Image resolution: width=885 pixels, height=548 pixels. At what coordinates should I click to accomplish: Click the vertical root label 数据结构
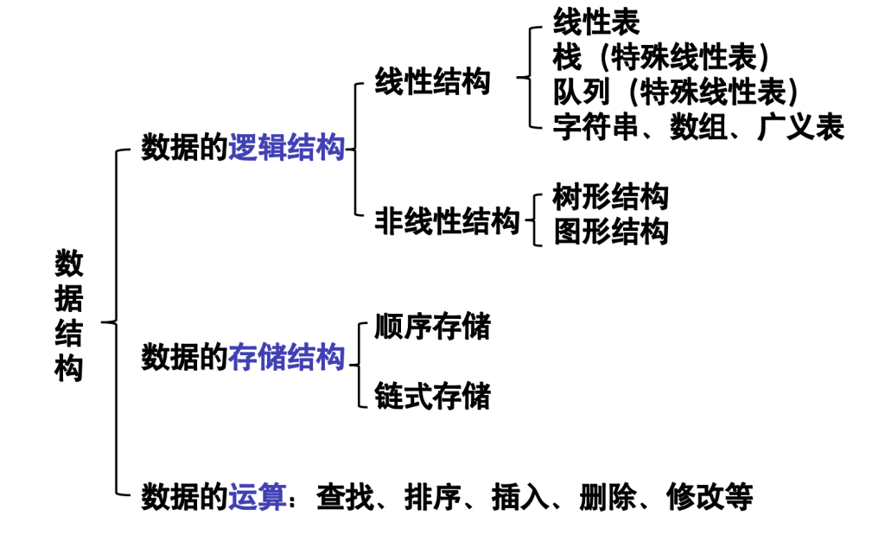coord(69,316)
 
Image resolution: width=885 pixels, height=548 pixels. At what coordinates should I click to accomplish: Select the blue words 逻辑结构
coord(287,149)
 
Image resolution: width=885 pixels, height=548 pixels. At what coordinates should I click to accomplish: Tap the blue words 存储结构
coord(287,357)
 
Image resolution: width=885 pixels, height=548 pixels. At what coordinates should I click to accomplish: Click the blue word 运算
coord(258,497)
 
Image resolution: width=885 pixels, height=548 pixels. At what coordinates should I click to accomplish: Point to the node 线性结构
coord(432,82)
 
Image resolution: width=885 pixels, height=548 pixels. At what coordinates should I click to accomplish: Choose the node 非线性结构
coord(447,221)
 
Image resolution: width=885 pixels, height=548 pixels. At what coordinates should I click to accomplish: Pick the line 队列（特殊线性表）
coord(676,91)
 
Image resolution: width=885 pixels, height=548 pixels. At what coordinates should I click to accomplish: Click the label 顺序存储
coord(432,327)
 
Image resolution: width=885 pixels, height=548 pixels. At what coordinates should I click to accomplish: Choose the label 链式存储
coord(432,396)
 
